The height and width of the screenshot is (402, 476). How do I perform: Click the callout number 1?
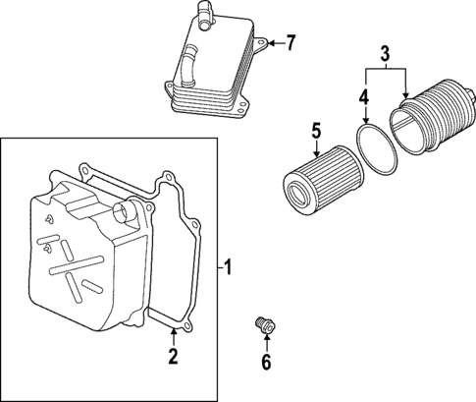point(229,266)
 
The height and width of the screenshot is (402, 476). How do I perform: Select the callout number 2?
point(172,355)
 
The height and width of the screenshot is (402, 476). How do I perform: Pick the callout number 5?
point(316,130)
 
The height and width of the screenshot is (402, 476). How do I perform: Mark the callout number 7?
point(290,42)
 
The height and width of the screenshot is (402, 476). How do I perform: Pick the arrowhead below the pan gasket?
point(172,334)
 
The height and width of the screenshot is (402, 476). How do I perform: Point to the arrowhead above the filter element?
point(316,151)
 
